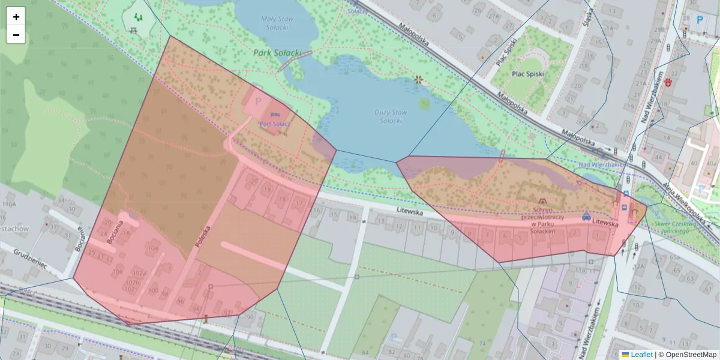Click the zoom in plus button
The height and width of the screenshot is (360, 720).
(16, 17)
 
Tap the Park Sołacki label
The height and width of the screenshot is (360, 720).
(277, 53)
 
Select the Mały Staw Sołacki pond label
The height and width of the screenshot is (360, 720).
(275, 23)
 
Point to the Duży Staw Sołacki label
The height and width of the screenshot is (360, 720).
(390, 116)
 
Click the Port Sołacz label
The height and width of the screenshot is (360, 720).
(275, 123)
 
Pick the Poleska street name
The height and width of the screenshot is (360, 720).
(205, 236)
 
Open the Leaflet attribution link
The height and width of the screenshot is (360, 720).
(641, 355)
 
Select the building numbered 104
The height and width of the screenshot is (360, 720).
(152, 248)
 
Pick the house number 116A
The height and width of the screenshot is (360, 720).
(8, 205)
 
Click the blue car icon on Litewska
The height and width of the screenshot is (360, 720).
(586, 216)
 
